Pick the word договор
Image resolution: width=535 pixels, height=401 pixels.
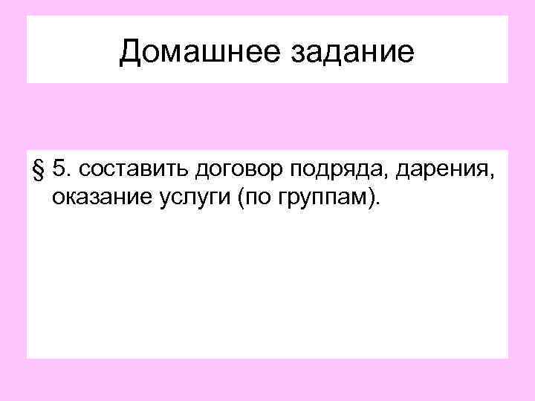237,170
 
